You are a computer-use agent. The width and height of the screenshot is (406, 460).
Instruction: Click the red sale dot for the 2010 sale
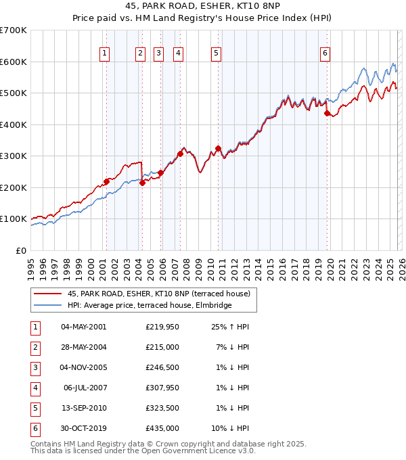[x=218, y=148]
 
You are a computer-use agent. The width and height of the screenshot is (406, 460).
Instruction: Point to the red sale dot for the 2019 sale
[x=327, y=114]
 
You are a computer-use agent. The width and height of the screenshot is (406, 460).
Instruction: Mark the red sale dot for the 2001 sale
[x=106, y=181]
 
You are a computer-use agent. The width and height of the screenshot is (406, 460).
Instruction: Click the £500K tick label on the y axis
[x=14, y=93]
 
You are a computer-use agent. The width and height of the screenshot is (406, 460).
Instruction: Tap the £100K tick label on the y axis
[x=14, y=218]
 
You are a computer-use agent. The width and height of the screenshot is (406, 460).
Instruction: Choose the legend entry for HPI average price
[x=150, y=305]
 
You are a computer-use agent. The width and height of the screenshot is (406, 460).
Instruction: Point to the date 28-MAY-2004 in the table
[x=83, y=346]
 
